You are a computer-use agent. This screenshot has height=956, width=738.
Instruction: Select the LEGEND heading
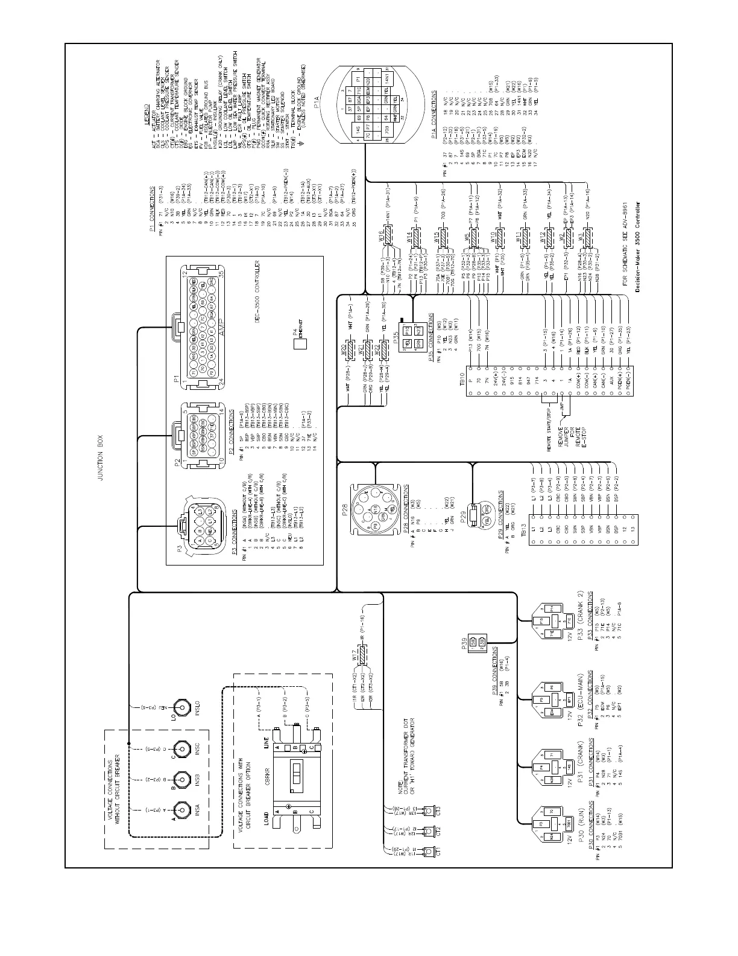click(148, 130)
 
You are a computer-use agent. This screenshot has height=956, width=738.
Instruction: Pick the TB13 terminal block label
click(524, 524)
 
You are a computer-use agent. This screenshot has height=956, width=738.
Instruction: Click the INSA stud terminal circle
click(180, 808)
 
